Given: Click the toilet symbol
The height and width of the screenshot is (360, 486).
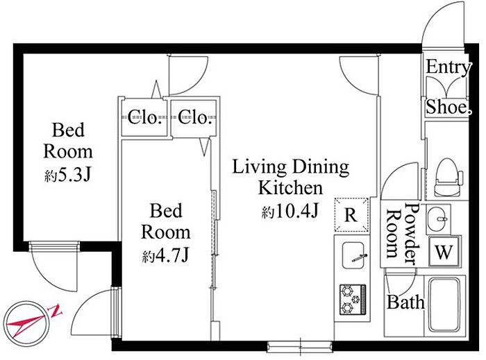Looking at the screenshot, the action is [x=449, y=178].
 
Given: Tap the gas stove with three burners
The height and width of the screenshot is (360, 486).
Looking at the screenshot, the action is [x=353, y=300].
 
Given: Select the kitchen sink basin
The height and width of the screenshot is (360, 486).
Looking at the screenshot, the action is [x=353, y=256].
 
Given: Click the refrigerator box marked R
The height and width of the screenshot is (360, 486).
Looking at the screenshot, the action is [x=351, y=214].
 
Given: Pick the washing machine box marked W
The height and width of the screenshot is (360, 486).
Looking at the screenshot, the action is [x=444, y=252].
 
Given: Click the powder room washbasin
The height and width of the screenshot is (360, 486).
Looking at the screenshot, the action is [x=437, y=218].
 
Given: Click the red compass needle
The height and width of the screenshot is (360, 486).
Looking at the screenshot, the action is [x=31, y=322].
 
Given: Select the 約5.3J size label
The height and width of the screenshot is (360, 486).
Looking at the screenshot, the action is [x=67, y=175].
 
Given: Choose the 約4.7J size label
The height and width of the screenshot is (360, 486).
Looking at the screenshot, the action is [x=165, y=256].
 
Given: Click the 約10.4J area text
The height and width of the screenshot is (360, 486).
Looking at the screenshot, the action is [x=290, y=212].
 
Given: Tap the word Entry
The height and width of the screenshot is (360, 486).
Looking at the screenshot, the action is [x=449, y=67].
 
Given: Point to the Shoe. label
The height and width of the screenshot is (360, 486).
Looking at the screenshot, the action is [x=449, y=107].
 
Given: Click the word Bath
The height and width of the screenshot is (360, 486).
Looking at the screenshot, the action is [x=405, y=302].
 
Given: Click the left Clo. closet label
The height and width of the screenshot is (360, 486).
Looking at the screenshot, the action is [x=144, y=117].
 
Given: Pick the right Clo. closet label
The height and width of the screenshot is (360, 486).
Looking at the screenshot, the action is [x=194, y=117].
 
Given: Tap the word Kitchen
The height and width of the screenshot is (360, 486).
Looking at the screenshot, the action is [x=290, y=187].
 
